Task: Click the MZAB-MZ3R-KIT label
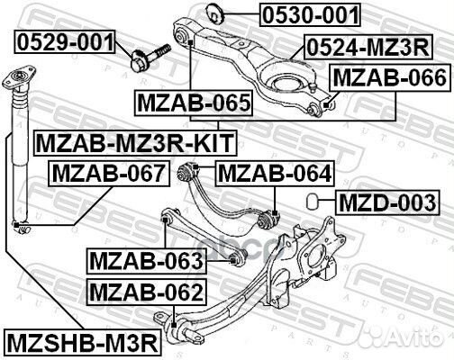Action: (x=133, y=141)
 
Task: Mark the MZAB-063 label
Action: (x=146, y=261)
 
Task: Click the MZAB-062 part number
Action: (x=146, y=291)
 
